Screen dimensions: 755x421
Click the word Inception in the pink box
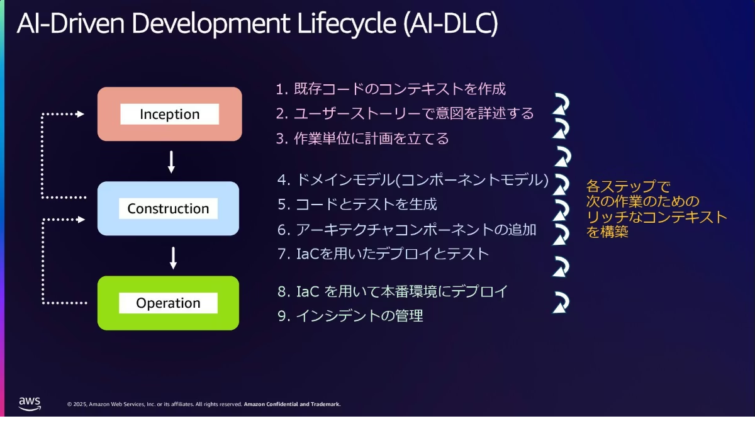[169, 115]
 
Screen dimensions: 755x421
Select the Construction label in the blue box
[168, 209]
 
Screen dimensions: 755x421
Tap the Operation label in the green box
[168, 303]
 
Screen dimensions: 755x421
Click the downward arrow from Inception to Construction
[171, 162]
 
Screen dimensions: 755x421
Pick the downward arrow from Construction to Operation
[173, 258]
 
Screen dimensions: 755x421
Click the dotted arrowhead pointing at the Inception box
[81, 115]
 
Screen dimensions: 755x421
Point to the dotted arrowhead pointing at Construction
[81, 220]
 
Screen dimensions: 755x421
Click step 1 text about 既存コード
[391, 89]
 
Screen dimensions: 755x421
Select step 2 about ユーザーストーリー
[405, 113]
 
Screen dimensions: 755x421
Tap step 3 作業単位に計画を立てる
[362, 138]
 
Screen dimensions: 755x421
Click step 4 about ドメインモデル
[413, 179]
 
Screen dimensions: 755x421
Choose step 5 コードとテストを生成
[357, 205]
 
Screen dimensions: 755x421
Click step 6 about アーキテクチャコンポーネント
[407, 230]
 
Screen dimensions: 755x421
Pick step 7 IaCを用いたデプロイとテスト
[383, 254]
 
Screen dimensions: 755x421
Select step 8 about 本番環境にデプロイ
[393, 291]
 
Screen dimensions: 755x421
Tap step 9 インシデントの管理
[350, 316]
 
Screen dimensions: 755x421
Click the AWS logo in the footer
[30, 404]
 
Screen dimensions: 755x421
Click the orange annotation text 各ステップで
[628, 186]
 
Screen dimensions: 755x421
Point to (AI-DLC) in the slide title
[450, 23]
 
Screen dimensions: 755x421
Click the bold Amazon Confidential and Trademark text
[292, 404]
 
